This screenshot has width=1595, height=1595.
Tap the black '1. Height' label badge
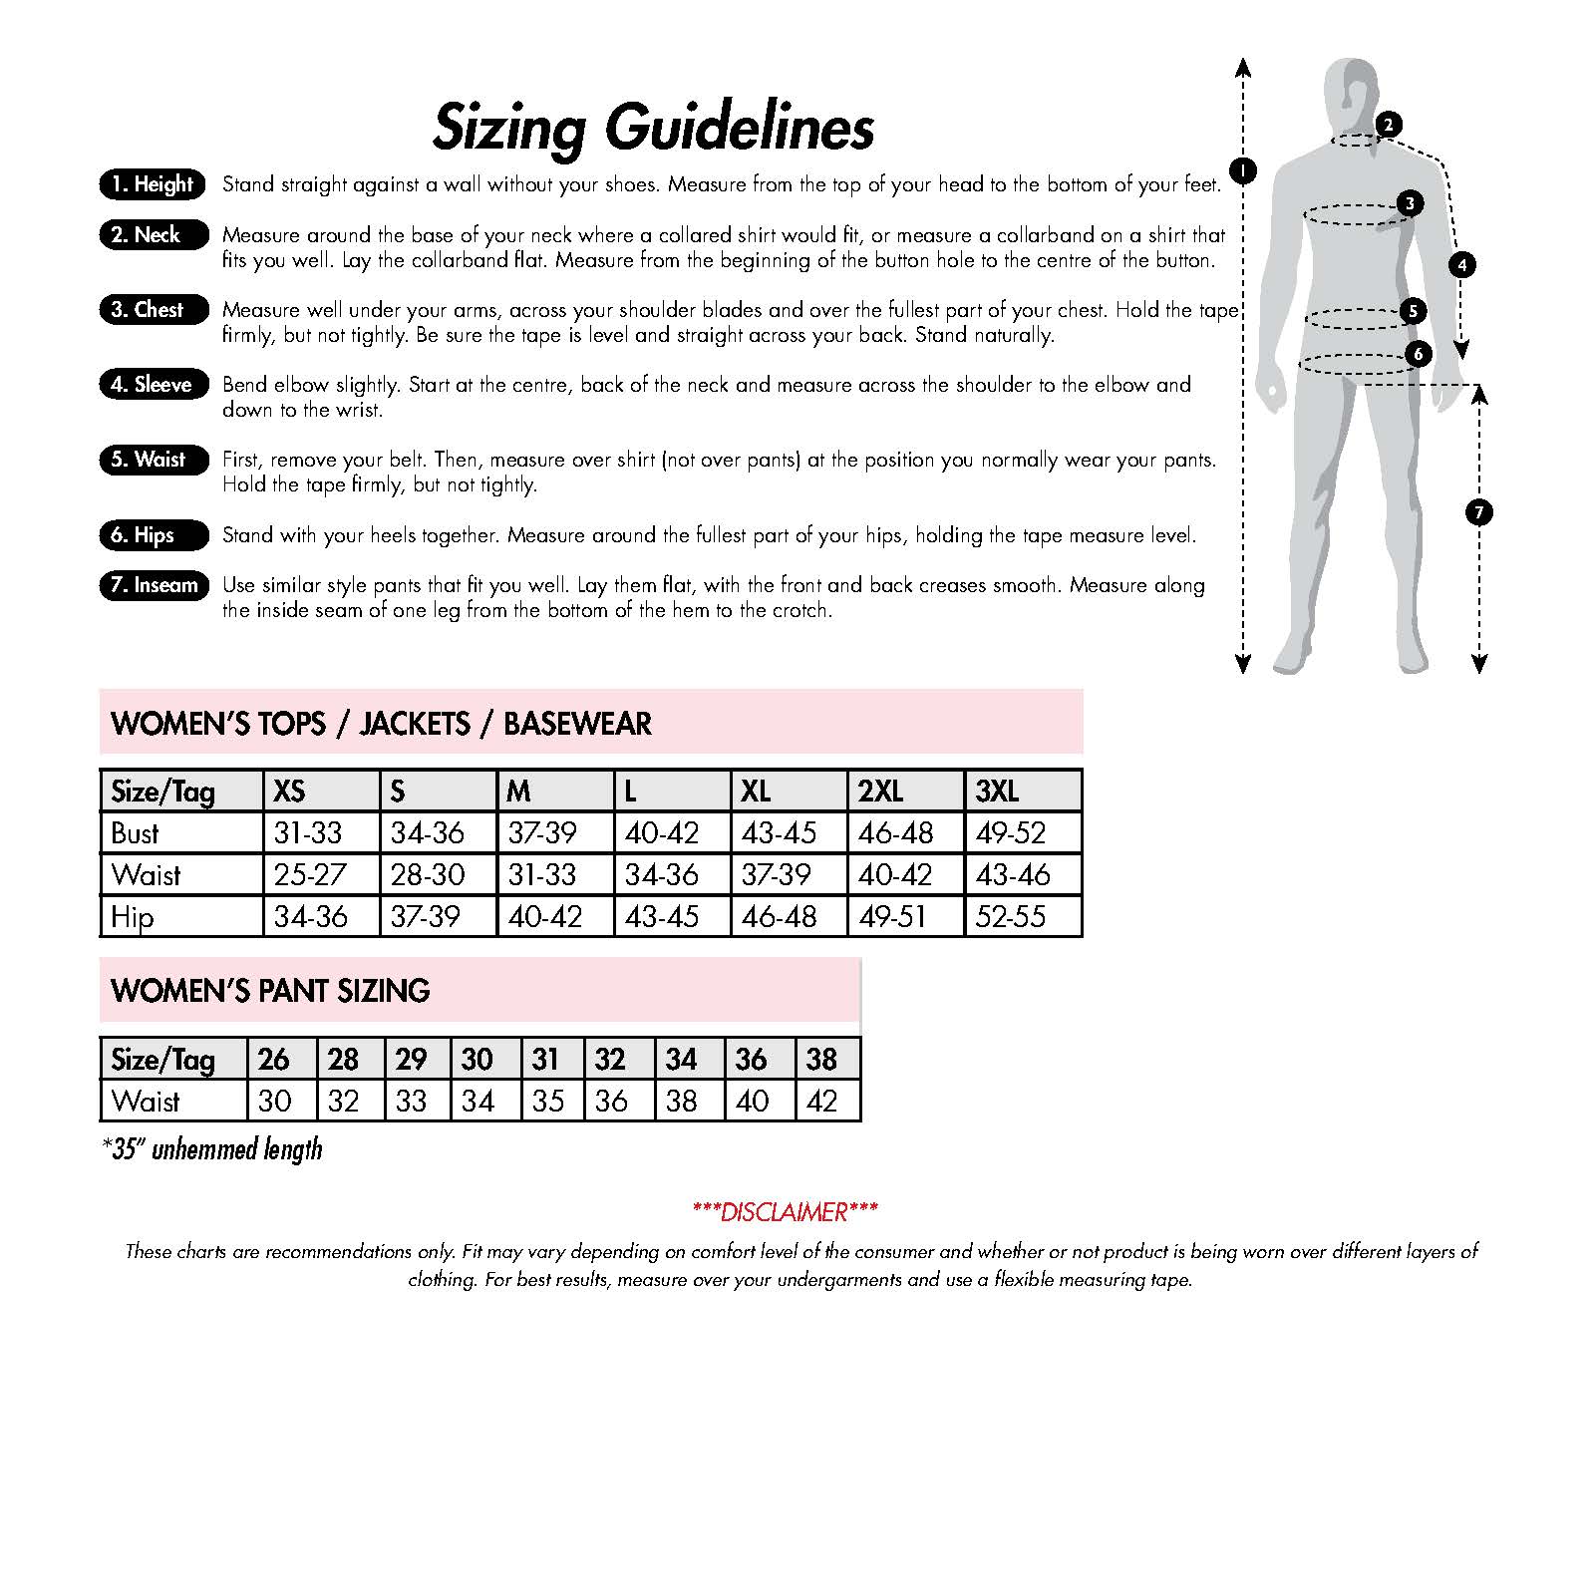click(x=153, y=184)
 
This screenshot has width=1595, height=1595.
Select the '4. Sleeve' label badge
click(x=153, y=385)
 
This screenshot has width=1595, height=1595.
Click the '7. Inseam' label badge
click(x=154, y=585)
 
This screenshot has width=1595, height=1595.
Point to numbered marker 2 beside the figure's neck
click(x=1388, y=125)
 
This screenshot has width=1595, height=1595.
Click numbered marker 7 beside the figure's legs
click(x=1478, y=512)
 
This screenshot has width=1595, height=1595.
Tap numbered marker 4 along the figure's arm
click(x=1461, y=265)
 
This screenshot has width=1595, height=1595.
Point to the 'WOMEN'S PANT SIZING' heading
click(x=270, y=990)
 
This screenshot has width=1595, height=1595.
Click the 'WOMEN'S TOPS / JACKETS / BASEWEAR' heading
click(x=381, y=723)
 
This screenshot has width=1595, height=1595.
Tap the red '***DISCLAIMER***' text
click(x=785, y=1212)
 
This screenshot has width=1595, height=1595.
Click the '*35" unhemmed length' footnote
click(x=212, y=1149)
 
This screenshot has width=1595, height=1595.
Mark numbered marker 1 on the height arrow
click(x=1242, y=170)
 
